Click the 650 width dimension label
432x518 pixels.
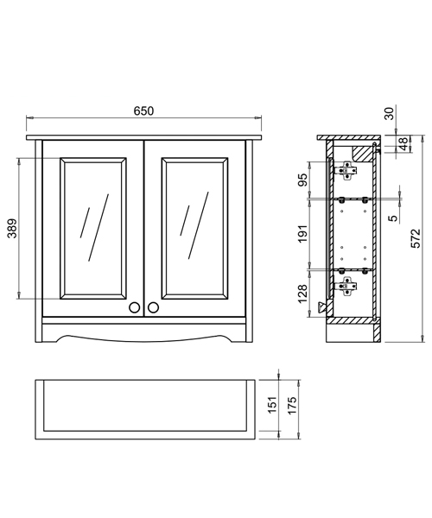143,111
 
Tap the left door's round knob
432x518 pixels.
134,306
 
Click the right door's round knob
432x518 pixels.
154,306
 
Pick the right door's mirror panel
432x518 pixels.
194,228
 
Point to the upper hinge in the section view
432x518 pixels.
348,173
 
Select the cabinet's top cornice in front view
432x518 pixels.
143,136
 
